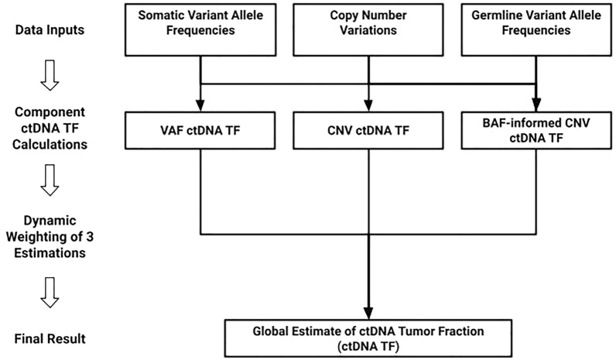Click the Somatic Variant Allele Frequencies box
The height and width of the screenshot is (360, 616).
(200, 29)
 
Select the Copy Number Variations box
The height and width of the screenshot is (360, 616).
(368, 29)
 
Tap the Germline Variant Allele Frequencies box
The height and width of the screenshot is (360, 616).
(536, 29)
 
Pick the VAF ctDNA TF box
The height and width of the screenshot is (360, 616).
(200, 130)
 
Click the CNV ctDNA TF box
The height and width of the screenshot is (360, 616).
(368, 130)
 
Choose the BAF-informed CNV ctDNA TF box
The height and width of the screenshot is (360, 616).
(536, 130)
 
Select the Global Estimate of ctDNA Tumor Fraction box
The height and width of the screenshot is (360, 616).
(368, 338)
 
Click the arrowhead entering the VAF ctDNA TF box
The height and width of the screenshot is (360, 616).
(200, 108)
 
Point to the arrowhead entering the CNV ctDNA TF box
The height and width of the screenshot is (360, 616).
(368, 108)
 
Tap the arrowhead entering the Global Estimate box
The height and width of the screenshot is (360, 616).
(368, 312)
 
